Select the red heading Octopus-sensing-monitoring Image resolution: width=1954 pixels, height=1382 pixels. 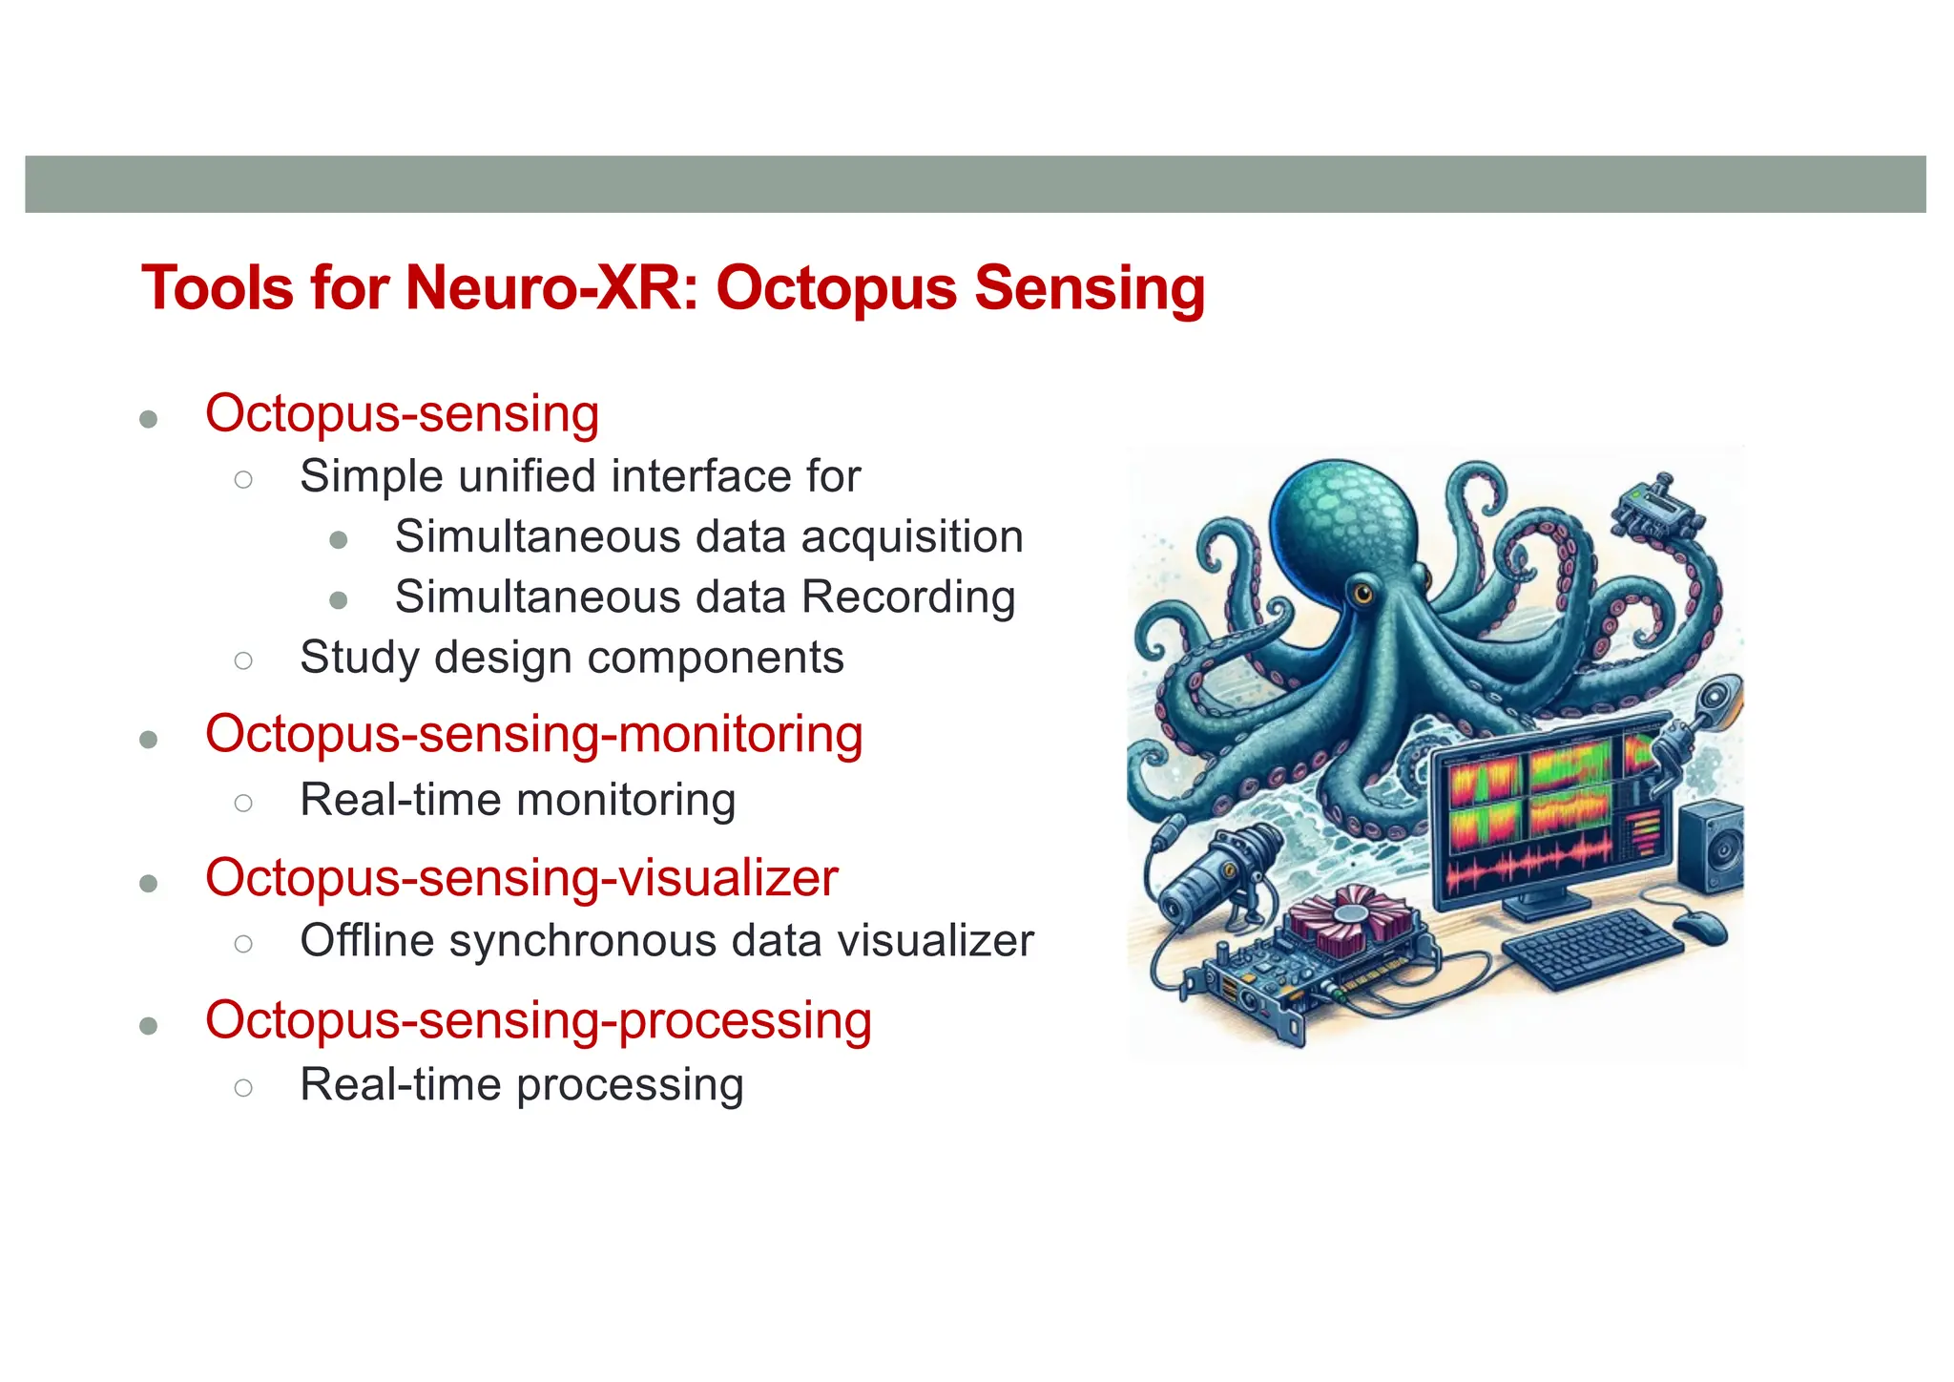pyautogui.click(x=533, y=735)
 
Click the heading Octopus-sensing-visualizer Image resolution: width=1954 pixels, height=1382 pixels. pyautogui.click(x=521, y=878)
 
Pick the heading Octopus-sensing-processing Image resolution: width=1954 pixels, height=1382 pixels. pyautogui.click(x=538, y=1020)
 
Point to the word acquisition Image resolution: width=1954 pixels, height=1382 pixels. pyautogui.click(x=912, y=537)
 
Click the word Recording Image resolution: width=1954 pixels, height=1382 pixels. pyautogui.click(x=908, y=597)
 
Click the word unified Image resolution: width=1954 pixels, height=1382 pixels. pyautogui.click(x=527, y=476)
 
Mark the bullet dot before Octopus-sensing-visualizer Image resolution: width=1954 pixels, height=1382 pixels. pyautogui.click(x=148, y=884)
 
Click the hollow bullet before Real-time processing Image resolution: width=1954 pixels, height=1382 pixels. pyautogui.click(x=243, y=1087)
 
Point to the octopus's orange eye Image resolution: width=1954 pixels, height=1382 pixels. pyautogui.click(x=1360, y=594)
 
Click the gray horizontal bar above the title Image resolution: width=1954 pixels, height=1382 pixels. pyautogui.click(x=975, y=184)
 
